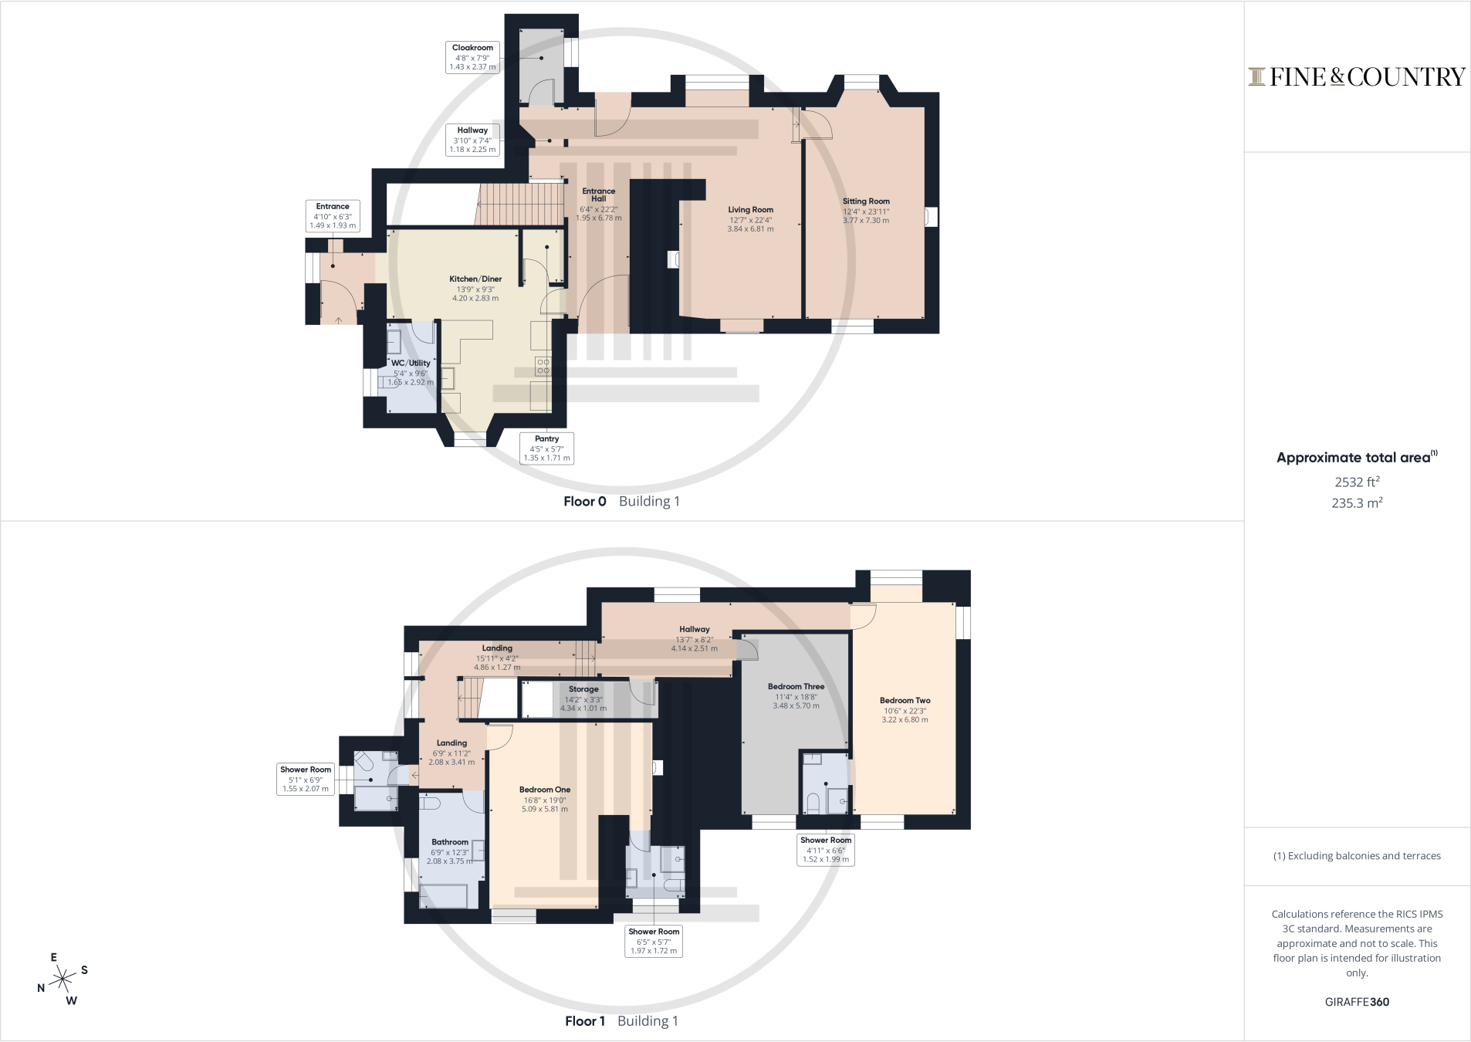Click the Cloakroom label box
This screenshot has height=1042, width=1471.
472,57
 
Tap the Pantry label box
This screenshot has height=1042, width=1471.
546,448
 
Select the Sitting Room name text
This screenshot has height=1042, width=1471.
866,201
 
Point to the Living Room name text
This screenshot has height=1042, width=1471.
750,210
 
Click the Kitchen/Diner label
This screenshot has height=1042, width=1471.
475,289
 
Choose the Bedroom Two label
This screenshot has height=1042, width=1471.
905,710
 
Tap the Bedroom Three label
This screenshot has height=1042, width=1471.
796,696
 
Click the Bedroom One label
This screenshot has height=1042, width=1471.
545,800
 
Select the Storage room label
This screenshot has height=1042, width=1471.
583,699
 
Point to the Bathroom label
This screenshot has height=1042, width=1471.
450,852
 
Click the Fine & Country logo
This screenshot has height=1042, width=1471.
1357,76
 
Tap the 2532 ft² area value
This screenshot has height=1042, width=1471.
1358,482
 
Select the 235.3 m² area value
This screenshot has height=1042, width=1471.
1358,502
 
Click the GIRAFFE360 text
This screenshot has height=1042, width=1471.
1358,1002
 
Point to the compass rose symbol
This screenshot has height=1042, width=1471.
63,980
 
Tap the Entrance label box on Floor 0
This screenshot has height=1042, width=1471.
333,216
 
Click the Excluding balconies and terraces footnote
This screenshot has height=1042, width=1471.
1357,856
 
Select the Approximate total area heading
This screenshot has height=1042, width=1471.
1357,457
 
